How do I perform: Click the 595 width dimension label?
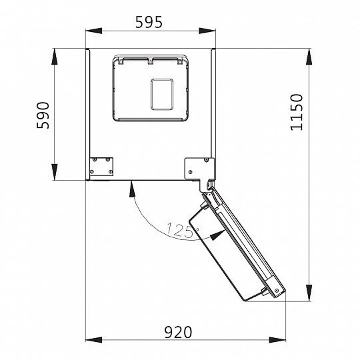click(x=149, y=22)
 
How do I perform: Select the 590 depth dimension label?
click(x=43, y=115)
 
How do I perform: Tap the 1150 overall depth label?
click(x=297, y=113)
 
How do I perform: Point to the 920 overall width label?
click(x=178, y=332)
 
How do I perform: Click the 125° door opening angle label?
click(x=182, y=229)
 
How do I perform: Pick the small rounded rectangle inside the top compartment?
click(x=162, y=95)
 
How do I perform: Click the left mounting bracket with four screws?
click(x=101, y=167)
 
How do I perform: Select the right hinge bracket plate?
click(x=199, y=169)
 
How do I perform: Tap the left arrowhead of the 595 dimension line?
click(x=93, y=31)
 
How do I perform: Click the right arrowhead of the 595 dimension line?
click(x=207, y=31)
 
